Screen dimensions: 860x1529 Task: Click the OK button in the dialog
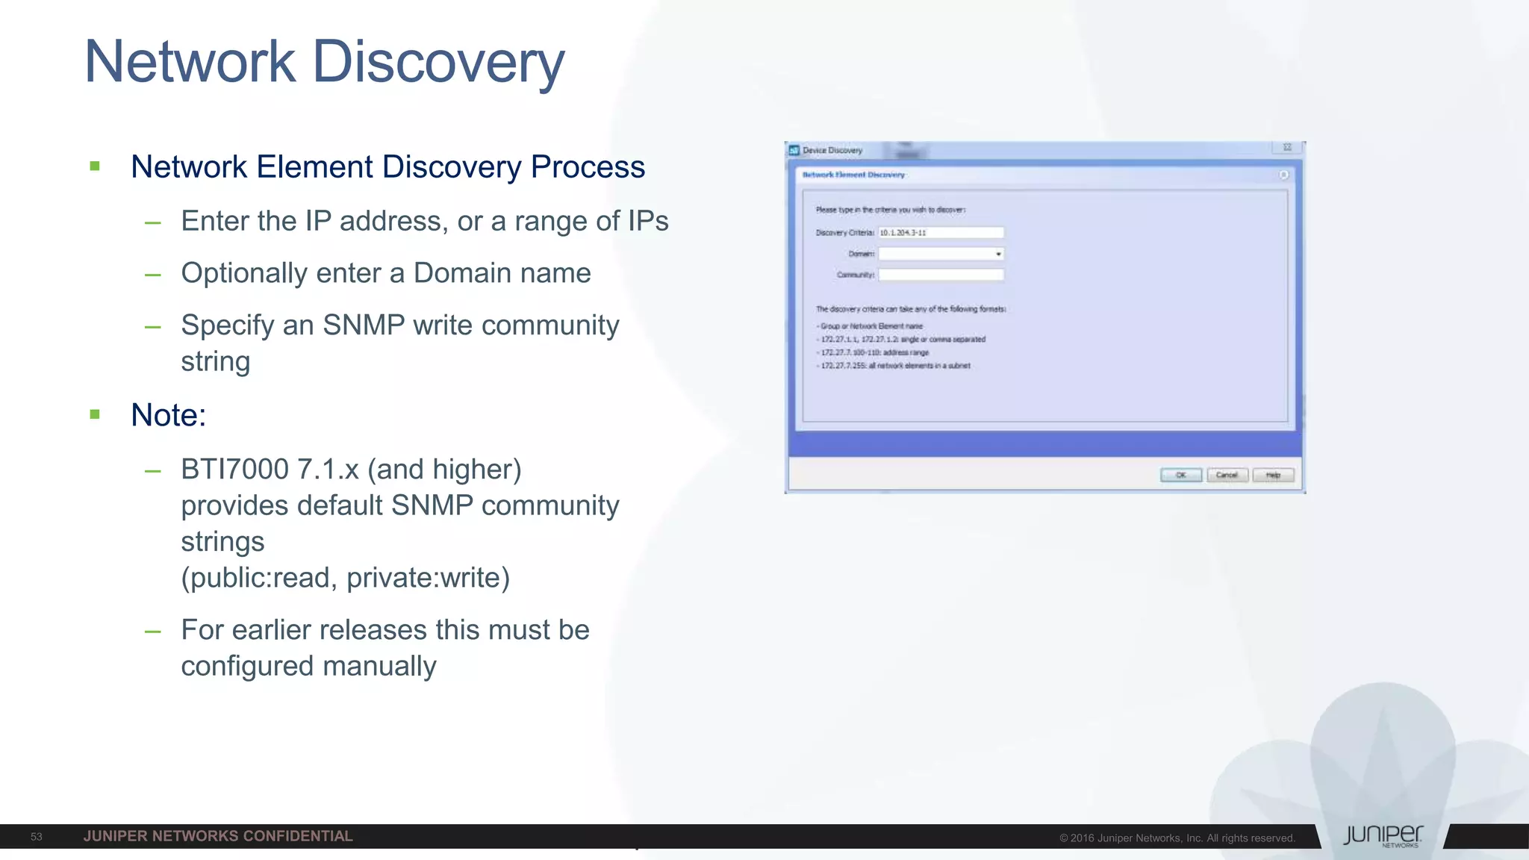(x=1180, y=475)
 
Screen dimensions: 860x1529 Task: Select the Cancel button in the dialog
(x=1227, y=475)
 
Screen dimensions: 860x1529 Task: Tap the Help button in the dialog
(x=1273, y=475)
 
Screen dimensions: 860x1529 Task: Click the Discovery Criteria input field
(x=941, y=233)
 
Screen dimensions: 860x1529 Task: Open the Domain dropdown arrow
(x=998, y=254)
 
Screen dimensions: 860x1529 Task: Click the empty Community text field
(x=941, y=275)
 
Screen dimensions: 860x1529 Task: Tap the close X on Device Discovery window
(x=1287, y=148)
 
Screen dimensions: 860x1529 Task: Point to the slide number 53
(x=37, y=837)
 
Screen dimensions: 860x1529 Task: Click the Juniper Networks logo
(x=1383, y=836)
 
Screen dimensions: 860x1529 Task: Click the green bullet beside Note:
(x=95, y=414)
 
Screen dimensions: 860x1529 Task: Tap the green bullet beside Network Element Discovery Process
(x=95, y=166)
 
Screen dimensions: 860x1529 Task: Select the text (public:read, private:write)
(x=345, y=578)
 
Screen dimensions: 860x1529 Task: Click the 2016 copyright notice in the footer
(x=1177, y=838)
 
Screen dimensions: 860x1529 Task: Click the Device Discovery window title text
(x=832, y=150)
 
